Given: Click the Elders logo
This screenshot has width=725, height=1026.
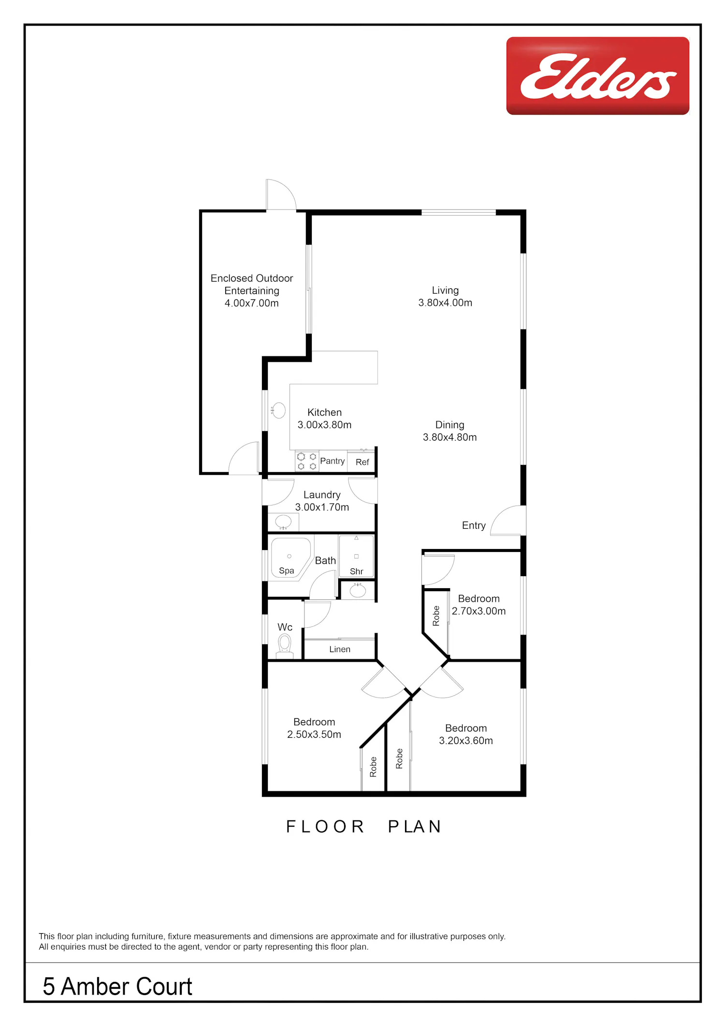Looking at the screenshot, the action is point(598,76).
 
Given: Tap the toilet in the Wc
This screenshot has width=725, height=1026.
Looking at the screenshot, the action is point(285,646).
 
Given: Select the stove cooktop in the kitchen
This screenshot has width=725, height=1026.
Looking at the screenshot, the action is point(307,461).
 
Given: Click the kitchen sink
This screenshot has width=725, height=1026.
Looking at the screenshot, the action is point(278,410).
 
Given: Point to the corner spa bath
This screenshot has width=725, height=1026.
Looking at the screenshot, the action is point(290,559).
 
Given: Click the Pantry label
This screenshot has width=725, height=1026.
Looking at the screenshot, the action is point(333,461).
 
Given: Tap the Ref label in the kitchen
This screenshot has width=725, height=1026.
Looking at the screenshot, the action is point(362,462).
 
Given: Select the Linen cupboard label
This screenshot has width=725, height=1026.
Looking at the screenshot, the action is point(340,649).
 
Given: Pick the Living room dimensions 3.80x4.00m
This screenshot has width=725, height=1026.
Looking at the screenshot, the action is point(445,303).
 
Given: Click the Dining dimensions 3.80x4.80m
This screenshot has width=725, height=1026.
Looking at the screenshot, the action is point(450,437).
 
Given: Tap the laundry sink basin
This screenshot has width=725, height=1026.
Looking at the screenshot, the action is point(283,522).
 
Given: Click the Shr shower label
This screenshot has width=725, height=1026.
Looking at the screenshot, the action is point(357,571).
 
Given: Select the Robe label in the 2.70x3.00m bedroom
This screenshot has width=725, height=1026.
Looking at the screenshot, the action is point(436,616).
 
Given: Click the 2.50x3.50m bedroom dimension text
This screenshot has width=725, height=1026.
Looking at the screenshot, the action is point(314,734).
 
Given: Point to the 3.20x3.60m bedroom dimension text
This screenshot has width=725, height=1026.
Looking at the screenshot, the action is point(466,741).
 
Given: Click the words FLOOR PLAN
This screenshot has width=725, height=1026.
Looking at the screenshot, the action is point(364,827).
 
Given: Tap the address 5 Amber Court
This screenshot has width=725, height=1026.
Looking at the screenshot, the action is point(117,986).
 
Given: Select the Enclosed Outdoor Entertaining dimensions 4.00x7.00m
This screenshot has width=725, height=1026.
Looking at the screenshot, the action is point(252,303).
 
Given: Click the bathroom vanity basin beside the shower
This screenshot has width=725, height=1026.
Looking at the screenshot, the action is point(358,591).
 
